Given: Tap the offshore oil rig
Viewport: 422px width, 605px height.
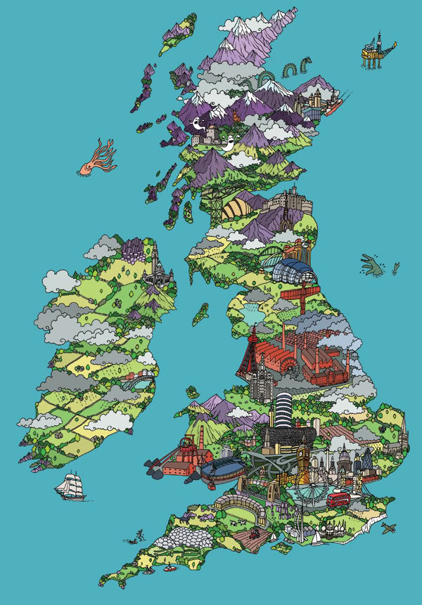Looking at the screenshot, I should pos(373,49).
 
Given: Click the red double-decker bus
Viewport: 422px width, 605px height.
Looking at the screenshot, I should pos(338,499).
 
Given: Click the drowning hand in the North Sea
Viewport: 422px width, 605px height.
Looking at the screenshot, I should pos(373,264).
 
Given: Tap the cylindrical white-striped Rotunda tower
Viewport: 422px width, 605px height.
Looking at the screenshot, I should pos(282,408).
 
